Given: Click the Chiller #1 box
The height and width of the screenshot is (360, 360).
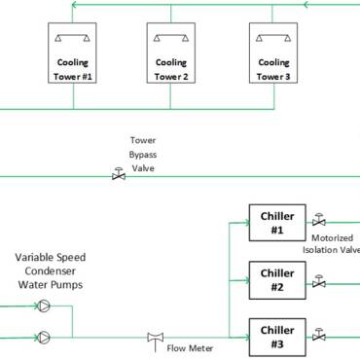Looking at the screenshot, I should point(277,224).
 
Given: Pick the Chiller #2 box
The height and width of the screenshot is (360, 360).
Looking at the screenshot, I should point(277,280).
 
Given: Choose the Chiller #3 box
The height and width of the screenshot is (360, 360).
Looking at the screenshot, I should point(277,337).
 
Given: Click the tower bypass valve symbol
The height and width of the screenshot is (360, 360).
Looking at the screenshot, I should point(119,176).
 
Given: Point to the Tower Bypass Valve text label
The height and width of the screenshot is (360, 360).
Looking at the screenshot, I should point(143,154).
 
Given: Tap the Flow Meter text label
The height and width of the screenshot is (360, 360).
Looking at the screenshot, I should point(191,347).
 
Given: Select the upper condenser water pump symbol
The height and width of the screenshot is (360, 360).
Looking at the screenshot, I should point(45,306).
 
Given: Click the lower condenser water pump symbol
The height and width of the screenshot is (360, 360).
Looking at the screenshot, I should point(45,338).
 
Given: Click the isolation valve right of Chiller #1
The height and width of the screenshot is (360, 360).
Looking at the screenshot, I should point(319,223).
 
